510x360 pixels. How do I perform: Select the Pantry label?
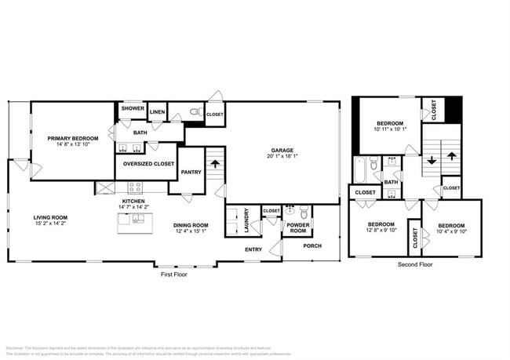click(x=191, y=173)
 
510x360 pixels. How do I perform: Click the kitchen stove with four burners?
click(x=135, y=188)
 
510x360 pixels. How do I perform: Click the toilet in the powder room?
click(x=290, y=211)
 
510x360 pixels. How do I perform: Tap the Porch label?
click(x=312, y=245)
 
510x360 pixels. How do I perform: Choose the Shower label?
click(x=133, y=108)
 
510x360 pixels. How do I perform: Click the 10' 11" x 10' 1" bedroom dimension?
click(x=390, y=130)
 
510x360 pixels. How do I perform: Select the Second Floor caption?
click(x=414, y=264)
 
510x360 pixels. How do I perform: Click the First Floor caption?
click(x=174, y=275)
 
